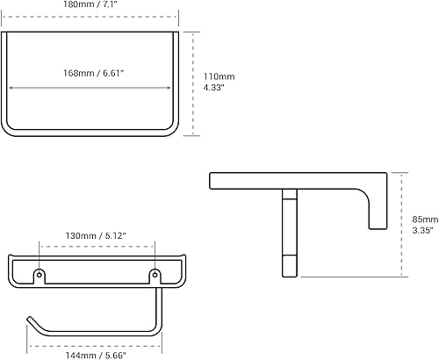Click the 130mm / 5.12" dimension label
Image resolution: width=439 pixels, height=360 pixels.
97,236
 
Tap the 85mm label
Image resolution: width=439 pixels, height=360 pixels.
425,220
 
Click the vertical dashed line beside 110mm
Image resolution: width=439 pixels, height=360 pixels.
195,83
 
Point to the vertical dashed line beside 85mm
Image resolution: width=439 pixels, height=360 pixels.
402,224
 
